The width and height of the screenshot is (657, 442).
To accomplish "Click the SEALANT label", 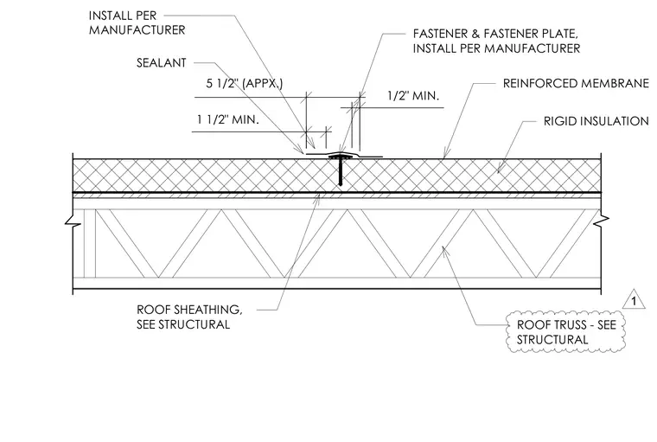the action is click(162, 63).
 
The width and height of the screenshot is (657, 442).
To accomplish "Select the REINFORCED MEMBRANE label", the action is click(576, 83).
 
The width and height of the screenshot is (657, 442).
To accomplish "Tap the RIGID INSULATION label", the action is click(596, 121).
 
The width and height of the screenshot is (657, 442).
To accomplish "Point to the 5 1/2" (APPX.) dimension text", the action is click(245, 83).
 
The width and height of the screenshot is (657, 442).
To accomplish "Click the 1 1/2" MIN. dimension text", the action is click(228, 120).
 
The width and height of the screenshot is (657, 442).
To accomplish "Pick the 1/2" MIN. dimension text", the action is click(413, 96).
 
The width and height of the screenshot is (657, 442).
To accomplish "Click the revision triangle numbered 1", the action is click(634, 299).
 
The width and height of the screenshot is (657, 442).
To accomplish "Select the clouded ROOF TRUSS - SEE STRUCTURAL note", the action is click(566, 332).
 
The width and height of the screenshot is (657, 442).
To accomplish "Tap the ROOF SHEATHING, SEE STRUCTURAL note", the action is click(189, 317).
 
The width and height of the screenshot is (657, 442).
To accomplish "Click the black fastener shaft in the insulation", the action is click(341, 172).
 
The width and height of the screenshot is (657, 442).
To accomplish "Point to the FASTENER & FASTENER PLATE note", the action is click(496, 42).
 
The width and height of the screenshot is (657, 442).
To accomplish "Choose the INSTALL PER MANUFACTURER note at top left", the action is click(137, 23).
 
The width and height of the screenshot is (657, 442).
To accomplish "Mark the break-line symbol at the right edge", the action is click(602, 219).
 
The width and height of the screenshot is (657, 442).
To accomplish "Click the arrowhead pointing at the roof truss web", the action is click(445, 251).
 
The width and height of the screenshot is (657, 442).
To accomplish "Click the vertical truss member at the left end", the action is click(90, 243).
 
